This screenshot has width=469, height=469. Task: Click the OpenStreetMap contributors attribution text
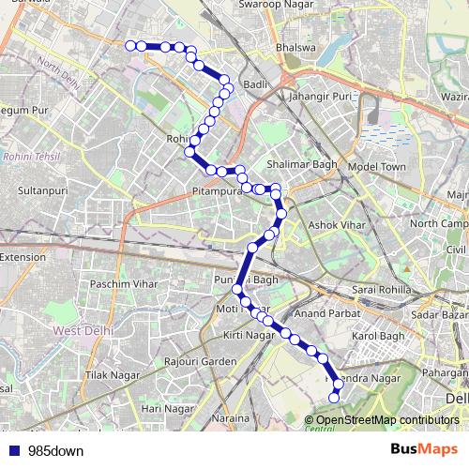tap(387, 420)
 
